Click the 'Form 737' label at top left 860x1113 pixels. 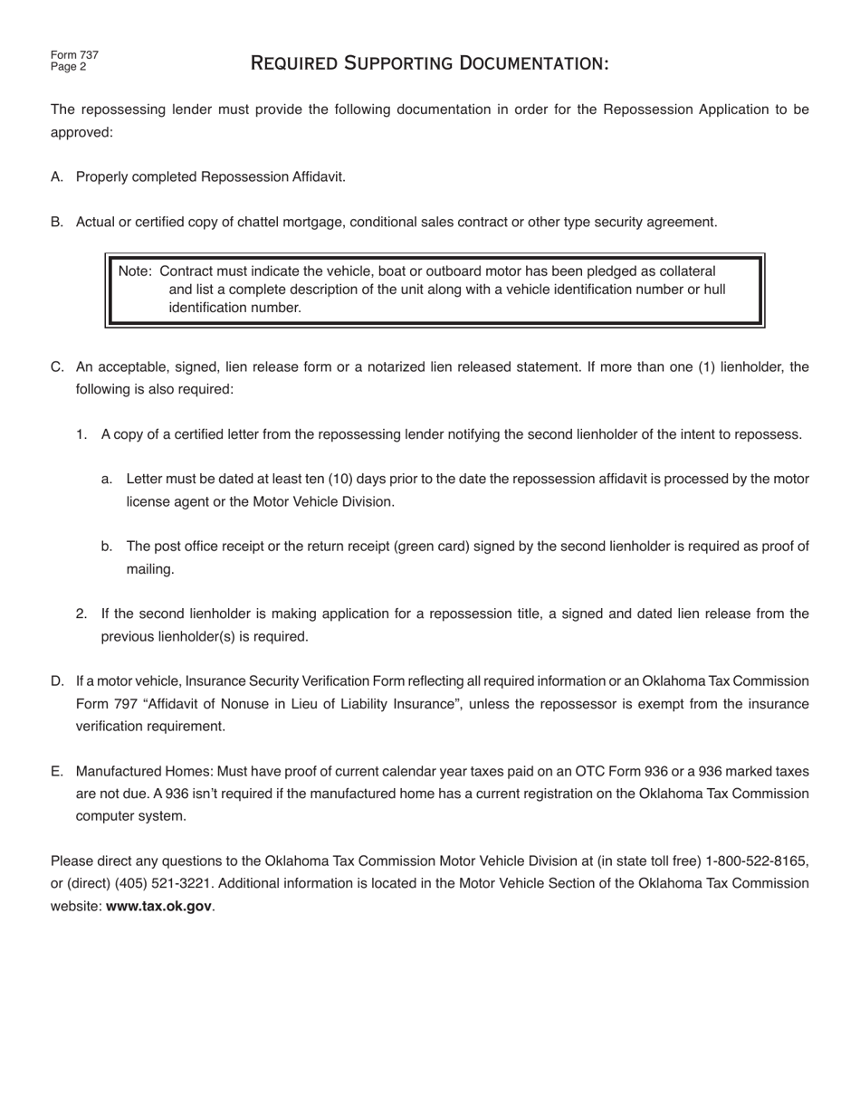pyautogui.click(x=74, y=55)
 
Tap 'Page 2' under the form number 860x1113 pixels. pyautogui.click(x=68, y=67)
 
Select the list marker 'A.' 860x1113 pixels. pyautogui.click(x=57, y=177)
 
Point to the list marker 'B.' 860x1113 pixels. pyautogui.click(x=57, y=223)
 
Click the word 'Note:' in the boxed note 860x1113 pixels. pyautogui.click(x=135, y=271)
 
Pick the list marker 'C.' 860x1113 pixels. pyautogui.click(x=57, y=367)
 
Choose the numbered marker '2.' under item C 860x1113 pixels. pyautogui.click(x=81, y=614)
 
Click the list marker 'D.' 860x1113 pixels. pyautogui.click(x=57, y=681)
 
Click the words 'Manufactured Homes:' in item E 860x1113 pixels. pyautogui.click(x=139, y=772)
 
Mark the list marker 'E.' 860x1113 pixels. pyautogui.click(x=57, y=772)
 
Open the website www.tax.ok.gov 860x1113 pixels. pyautogui.click(x=158, y=906)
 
